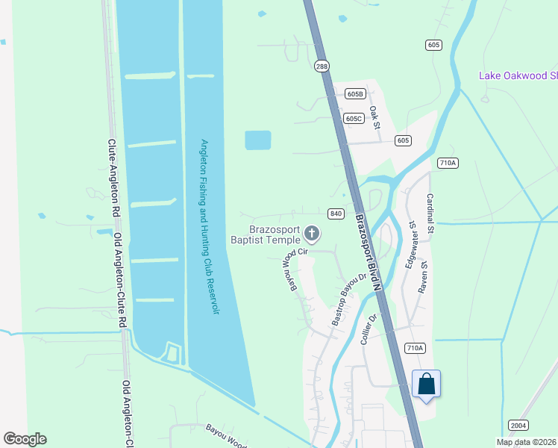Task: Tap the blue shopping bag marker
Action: click(x=426, y=385)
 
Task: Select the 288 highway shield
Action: click(x=322, y=66)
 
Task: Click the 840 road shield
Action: click(x=336, y=214)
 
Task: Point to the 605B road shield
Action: click(x=355, y=94)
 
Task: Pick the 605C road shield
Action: click(x=354, y=118)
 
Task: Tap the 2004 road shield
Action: click(x=518, y=425)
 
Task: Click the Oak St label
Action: click(x=375, y=116)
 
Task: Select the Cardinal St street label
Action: click(x=430, y=214)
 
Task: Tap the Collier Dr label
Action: click(x=366, y=328)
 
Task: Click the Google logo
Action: click(x=25, y=439)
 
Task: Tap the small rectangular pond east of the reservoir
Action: click(x=257, y=140)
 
